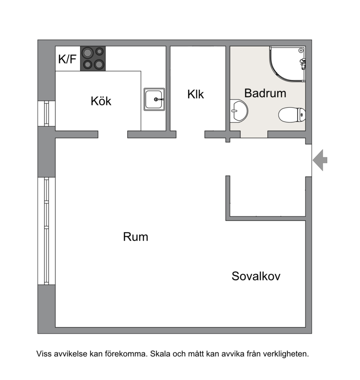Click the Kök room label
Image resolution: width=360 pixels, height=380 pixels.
pyautogui.click(x=101, y=101)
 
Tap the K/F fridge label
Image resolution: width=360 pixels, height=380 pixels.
pyautogui.click(x=67, y=59)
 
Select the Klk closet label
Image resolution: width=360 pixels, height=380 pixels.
pyautogui.click(x=195, y=94)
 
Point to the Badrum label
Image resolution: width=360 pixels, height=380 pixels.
pyautogui.click(x=265, y=93)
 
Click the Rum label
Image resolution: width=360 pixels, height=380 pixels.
pyautogui.click(x=135, y=237)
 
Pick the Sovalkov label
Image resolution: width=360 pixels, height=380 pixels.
pyautogui.click(x=256, y=276)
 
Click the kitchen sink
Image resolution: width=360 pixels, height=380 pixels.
pyautogui.click(x=154, y=100)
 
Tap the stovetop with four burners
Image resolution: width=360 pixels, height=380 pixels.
pyautogui.click(x=93, y=58)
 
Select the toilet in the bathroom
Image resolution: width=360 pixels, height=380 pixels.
pyautogui.click(x=292, y=115)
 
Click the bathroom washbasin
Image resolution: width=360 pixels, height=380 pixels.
pyautogui.click(x=239, y=111)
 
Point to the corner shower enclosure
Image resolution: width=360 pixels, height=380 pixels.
pyautogui.click(x=288, y=64)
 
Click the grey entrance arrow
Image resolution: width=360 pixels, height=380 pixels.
pyautogui.click(x=320, y=160)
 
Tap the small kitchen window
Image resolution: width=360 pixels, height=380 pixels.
pyautogui.click(x=46, y=114)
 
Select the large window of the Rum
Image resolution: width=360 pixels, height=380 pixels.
pyautogui.click(x=46, y=231)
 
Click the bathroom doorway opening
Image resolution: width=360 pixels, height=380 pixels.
pyautogui.click(x=254, y=134)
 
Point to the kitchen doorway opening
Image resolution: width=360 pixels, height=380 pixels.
pyautogui.click(x=113, y=135)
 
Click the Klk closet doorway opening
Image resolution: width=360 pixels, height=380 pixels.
pyautogui.click(x=190, y=135)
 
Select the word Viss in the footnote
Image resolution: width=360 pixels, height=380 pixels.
pyautogui.click(x=44, y=354)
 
